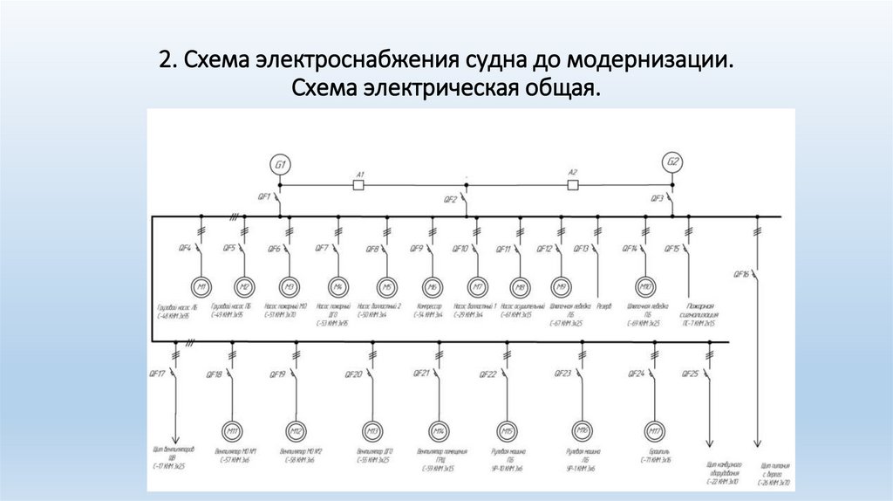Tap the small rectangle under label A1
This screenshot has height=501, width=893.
tap(357, 184)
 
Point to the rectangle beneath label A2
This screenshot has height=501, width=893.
tap(573, 184)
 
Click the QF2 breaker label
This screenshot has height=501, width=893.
tap(450, 200)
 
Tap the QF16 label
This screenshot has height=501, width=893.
tap(741, 273)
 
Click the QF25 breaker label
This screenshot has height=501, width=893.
tap(689, 374)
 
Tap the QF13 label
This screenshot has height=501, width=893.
tap(581, 249)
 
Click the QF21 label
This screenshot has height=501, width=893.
tap(420, 374)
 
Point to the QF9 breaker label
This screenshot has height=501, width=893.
tap(416, 249)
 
